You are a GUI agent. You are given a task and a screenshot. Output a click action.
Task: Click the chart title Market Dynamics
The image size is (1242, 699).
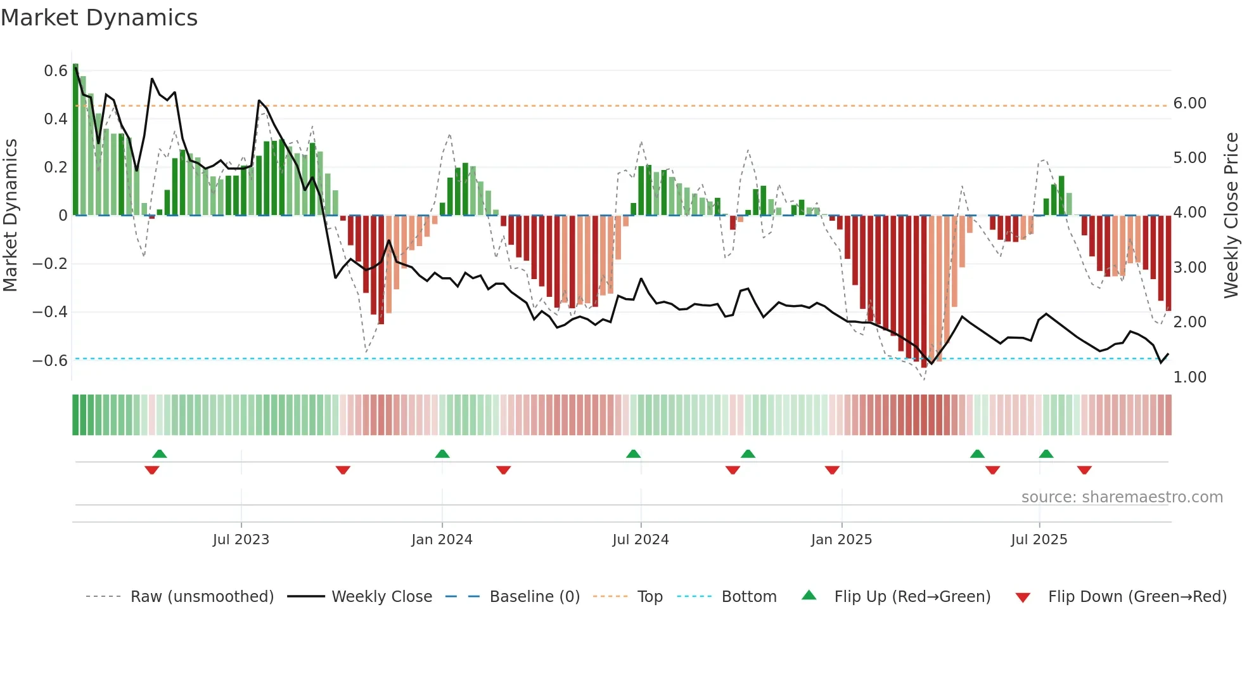[99, 18]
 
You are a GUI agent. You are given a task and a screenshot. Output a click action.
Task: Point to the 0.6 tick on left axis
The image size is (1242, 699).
[55, 71]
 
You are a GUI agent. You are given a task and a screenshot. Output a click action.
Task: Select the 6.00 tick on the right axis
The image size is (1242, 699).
[1189, 103]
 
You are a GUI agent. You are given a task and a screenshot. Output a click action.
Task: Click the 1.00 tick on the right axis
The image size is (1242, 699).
[1189, 377]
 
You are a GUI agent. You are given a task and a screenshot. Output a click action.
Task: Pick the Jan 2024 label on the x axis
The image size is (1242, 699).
[442, 540]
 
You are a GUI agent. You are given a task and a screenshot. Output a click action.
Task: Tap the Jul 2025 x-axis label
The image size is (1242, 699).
[1039, 540]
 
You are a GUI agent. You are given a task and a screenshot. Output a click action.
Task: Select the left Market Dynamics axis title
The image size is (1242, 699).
[11, 216]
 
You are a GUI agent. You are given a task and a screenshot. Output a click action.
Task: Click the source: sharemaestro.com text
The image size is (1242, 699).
[1122, 497]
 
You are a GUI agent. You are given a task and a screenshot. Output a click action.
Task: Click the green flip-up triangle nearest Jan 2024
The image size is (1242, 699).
[442, 454]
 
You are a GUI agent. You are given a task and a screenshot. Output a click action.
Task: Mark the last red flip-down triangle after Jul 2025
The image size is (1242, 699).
[1084, 470]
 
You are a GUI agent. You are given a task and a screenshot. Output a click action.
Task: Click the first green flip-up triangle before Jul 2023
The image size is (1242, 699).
[160, 454]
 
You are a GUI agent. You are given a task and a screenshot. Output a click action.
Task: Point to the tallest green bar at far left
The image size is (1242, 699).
[75, 140]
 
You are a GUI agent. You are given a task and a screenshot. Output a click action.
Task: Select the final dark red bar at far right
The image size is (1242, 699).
[1168, 263]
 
